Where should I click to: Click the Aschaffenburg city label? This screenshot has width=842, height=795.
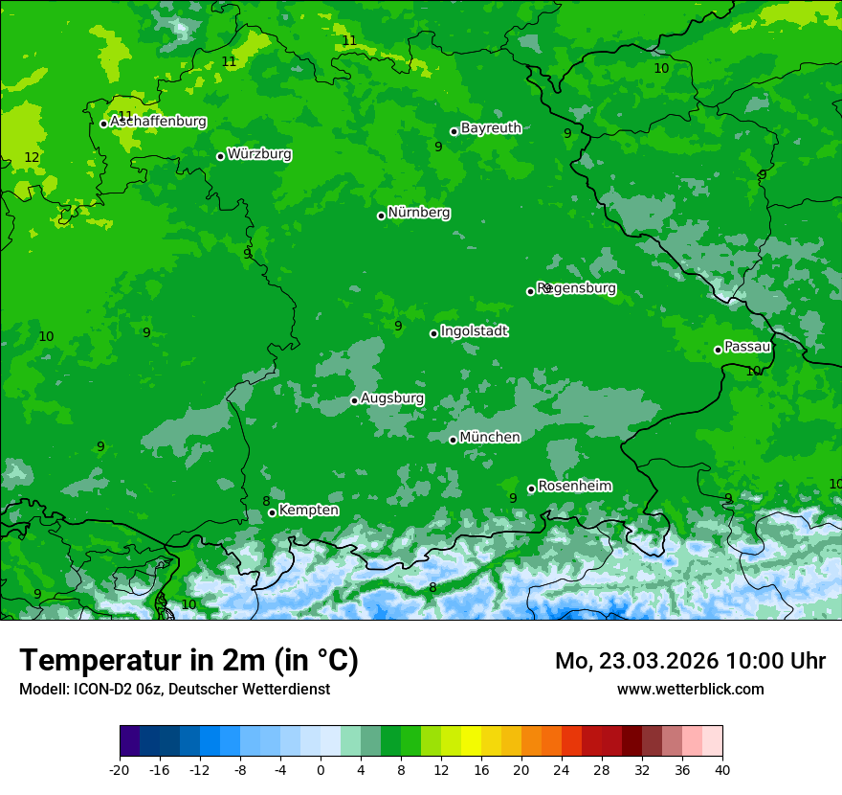coord(158,122)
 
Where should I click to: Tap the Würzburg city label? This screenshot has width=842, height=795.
coord(259,154)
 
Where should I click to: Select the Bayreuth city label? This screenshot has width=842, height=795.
coord(491,128)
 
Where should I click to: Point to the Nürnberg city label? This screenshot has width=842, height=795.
coord(419,213)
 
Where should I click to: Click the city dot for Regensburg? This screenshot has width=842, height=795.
coord(530,291)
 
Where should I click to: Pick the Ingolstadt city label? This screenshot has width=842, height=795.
coord(474,331)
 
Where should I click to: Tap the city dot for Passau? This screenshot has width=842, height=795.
coord(718,350)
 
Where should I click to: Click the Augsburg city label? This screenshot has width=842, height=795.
coord(392,398)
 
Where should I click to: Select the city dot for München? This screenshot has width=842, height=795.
coord(454,440)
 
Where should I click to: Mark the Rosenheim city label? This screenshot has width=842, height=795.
coord(574,487)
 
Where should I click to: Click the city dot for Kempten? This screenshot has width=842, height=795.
coord(272,512)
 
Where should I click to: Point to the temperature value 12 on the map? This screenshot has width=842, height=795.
coord(32,157)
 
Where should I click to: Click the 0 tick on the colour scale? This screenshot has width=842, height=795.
coord(321,769)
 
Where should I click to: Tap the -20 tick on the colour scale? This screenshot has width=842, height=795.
coord(120,769)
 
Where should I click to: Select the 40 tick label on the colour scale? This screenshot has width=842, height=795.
coord(722,769)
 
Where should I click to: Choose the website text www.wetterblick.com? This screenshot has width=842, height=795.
coord(690,689)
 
